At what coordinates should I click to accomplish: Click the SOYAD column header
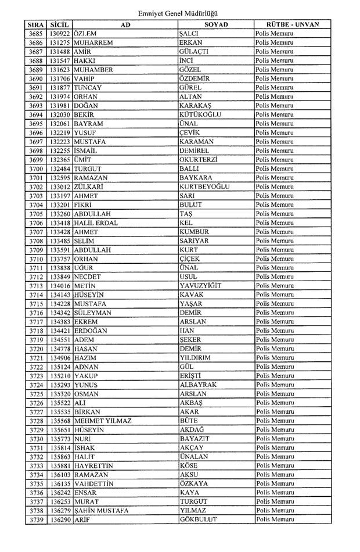216,25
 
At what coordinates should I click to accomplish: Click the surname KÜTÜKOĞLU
200,115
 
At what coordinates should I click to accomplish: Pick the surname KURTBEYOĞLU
205,187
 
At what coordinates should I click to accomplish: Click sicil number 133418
60,223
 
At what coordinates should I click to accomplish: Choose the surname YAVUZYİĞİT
201,286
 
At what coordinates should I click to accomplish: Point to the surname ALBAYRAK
198,385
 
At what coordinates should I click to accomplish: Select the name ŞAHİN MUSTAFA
101,511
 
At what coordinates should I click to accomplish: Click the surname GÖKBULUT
199,519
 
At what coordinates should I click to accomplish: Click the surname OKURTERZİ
199,160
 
